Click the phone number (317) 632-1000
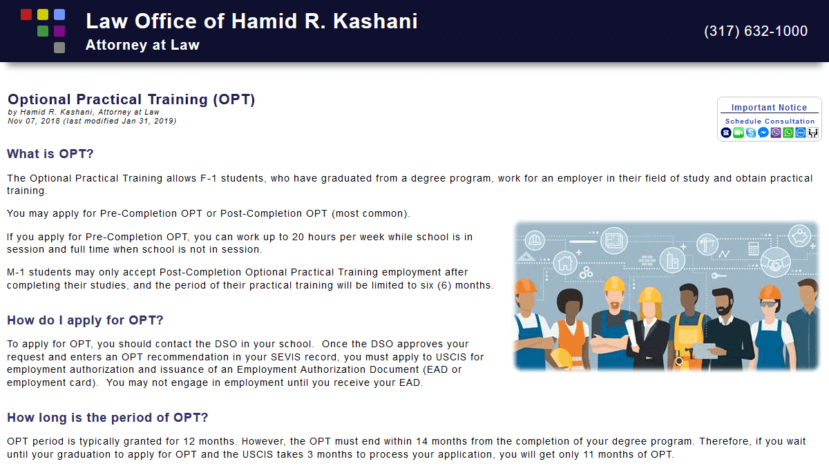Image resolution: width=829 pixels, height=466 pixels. [756, 31]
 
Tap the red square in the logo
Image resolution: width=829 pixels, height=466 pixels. [26, 14]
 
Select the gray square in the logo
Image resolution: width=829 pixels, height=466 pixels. [59, 48]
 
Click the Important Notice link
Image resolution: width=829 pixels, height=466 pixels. [769, 108]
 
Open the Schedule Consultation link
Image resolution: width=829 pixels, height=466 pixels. [770, 122]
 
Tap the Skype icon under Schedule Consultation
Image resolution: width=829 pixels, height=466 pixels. [751, 133]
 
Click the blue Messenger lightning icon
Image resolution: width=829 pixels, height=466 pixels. [763, 133]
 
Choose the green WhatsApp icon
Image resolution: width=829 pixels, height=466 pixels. [788, 133]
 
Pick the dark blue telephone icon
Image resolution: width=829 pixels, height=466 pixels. [726, 133]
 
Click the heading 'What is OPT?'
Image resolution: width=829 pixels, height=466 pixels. [50, 154]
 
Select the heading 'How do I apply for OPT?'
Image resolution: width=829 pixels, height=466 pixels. [85, 320]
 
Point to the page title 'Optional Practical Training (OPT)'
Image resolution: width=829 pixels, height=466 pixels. [131, 99]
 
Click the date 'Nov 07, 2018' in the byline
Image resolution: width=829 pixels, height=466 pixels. [34, 121]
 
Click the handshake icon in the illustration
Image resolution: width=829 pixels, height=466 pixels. [775, 262]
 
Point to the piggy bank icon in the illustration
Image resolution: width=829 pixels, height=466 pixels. [800, 236]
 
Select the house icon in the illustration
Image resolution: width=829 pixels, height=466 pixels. [565, 263]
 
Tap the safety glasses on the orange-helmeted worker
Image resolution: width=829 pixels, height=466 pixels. [769, 304]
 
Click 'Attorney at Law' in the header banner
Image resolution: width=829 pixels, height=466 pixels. [142, 45]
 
